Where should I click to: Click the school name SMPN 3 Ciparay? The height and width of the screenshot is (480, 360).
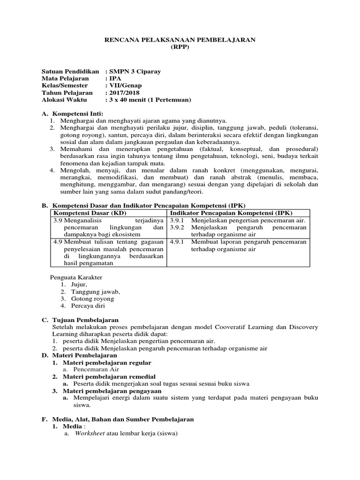(135, 71)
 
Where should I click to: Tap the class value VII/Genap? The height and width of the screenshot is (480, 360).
(125, 86)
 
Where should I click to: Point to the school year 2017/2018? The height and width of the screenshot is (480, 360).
(126, 93)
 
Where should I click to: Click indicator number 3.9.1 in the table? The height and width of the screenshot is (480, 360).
(178, 220)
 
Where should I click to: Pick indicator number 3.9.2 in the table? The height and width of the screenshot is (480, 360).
(178, 227)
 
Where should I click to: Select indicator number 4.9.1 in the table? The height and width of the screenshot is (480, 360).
(178, 242)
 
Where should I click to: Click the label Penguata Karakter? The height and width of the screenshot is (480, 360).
(76, 277)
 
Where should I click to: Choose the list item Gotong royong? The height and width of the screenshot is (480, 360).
(92, 299)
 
